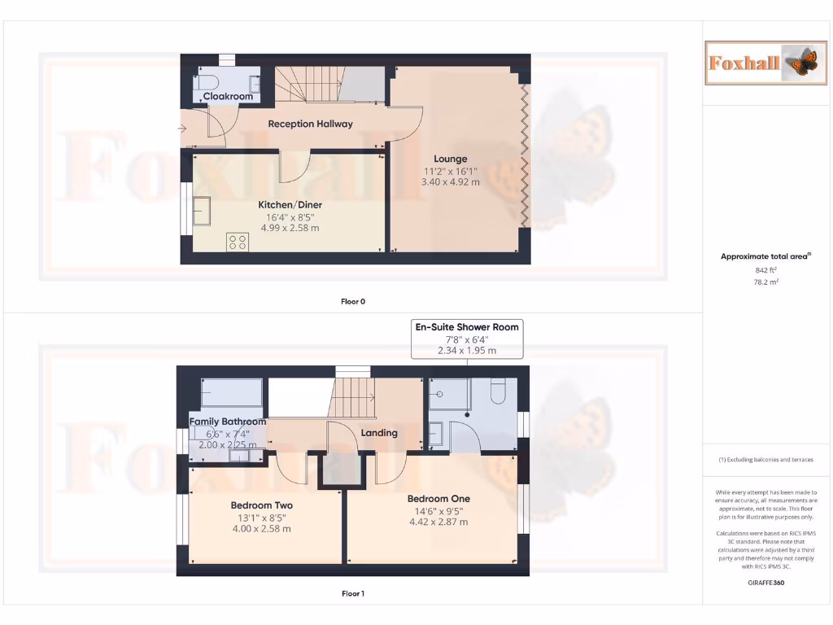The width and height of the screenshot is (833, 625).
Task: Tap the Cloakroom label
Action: (x=228, y=96)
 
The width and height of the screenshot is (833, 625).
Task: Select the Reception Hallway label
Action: (x=310, y=124)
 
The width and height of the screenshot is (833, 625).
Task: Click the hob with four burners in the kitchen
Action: (x=238, y=242)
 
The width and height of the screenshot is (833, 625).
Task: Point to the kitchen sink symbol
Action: (x=201, y=211)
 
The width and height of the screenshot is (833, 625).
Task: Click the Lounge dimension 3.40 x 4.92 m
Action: (x=450, y=182)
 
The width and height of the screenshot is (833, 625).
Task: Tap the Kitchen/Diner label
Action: (x=289, y=204)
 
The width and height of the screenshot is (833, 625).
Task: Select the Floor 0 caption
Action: (x=352, y=301)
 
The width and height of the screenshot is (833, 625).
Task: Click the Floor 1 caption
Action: (x=352, y=593)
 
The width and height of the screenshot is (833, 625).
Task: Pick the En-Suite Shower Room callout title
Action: (x=466, y=326)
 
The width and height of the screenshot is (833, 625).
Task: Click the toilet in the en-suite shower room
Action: (x=499, y=391)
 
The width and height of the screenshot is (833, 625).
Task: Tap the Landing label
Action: (x=378, y=433)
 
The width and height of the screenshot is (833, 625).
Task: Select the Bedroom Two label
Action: (x=261, y=505)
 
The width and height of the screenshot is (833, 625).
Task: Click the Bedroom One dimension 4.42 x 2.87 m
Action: (x=438, y=522)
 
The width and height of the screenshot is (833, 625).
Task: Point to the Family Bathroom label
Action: (x=228, y=422)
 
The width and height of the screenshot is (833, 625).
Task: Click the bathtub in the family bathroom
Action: (x=231, y=393)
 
